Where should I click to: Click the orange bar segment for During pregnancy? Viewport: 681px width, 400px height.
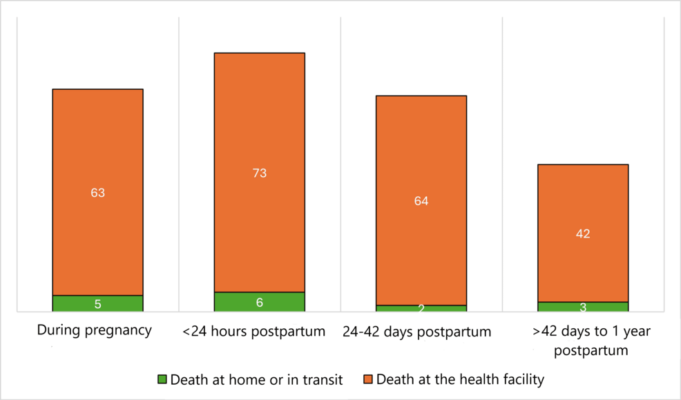pos(97,152)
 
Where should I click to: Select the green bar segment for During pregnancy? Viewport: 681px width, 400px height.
pos(97,303)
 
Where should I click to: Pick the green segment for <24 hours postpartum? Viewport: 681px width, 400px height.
pos(259,302)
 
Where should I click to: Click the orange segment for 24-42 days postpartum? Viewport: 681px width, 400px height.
pos(421,159)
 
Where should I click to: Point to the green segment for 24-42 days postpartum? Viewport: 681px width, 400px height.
pos(421,308)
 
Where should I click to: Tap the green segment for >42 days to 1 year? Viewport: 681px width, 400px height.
pos(582,307)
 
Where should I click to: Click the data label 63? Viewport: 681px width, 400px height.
pos(97,193)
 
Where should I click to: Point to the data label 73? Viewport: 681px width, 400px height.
pos(259,173)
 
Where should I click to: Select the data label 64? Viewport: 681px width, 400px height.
pos(421,201)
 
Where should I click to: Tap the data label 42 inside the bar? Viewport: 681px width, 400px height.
pos(582,234)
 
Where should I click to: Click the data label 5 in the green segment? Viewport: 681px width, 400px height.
pos(97,304)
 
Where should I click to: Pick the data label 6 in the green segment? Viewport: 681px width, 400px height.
pos(259,303)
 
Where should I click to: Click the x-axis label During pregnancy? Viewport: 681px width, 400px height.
pos(94,330)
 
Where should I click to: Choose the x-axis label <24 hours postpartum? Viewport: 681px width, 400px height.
pos(253,332)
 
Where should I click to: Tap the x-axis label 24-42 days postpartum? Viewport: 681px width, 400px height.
pos(416,332)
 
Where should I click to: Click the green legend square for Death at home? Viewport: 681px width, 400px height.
pos(162,379)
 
